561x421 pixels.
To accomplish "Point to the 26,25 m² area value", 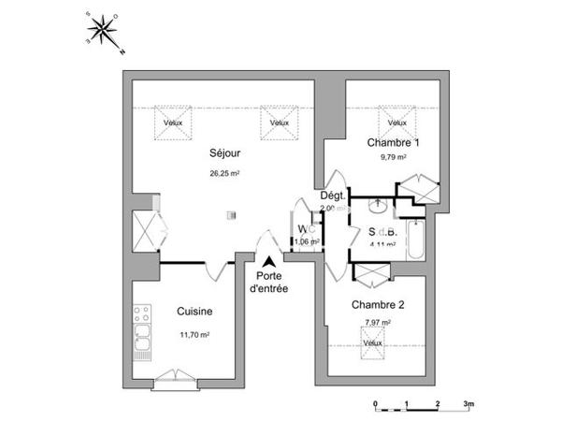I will [x=224, y=173].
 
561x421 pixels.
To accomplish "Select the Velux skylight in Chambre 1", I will [x=396, y=122].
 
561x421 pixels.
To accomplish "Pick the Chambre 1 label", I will [x=393, y=142].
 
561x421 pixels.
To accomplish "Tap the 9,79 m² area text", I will [x=393, y=158].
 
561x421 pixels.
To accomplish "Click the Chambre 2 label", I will [x=378, y=305].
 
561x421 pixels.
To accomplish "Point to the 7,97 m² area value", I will [x=377, y=323].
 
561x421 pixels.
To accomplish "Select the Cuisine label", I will [x=194, y=312].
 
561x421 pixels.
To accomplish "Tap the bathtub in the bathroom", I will [x=416, y=241].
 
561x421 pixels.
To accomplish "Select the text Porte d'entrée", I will [x=269, y=283].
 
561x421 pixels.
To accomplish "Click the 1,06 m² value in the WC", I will [x=307, y=241].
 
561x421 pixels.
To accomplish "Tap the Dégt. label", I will [x=333, y=196].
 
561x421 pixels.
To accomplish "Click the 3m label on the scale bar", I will [x=468, y=404].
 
